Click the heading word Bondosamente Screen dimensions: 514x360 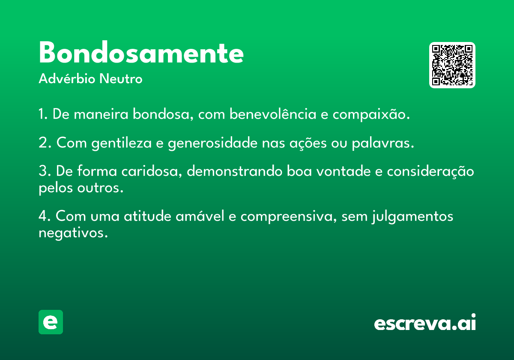click(141, 52)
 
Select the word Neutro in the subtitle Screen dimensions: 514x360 click(121, 79)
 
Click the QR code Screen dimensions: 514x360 click(452, 65)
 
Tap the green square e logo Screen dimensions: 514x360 click(51, 322)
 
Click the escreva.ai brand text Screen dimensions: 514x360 click(425, 322)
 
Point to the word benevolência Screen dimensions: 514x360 click(273, 114)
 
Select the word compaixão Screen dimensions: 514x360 click(371, 114)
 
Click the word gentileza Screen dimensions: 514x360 click(121, 143)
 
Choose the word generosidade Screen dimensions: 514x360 click(213, 143)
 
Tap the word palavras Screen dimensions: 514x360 click(383, 143)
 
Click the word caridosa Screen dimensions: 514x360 click(152, 171)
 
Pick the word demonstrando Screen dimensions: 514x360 click(235, 171)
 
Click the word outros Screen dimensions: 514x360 click(100, 188)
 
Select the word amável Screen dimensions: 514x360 click(200, 216)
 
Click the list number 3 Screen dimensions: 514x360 click(43, 171)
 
